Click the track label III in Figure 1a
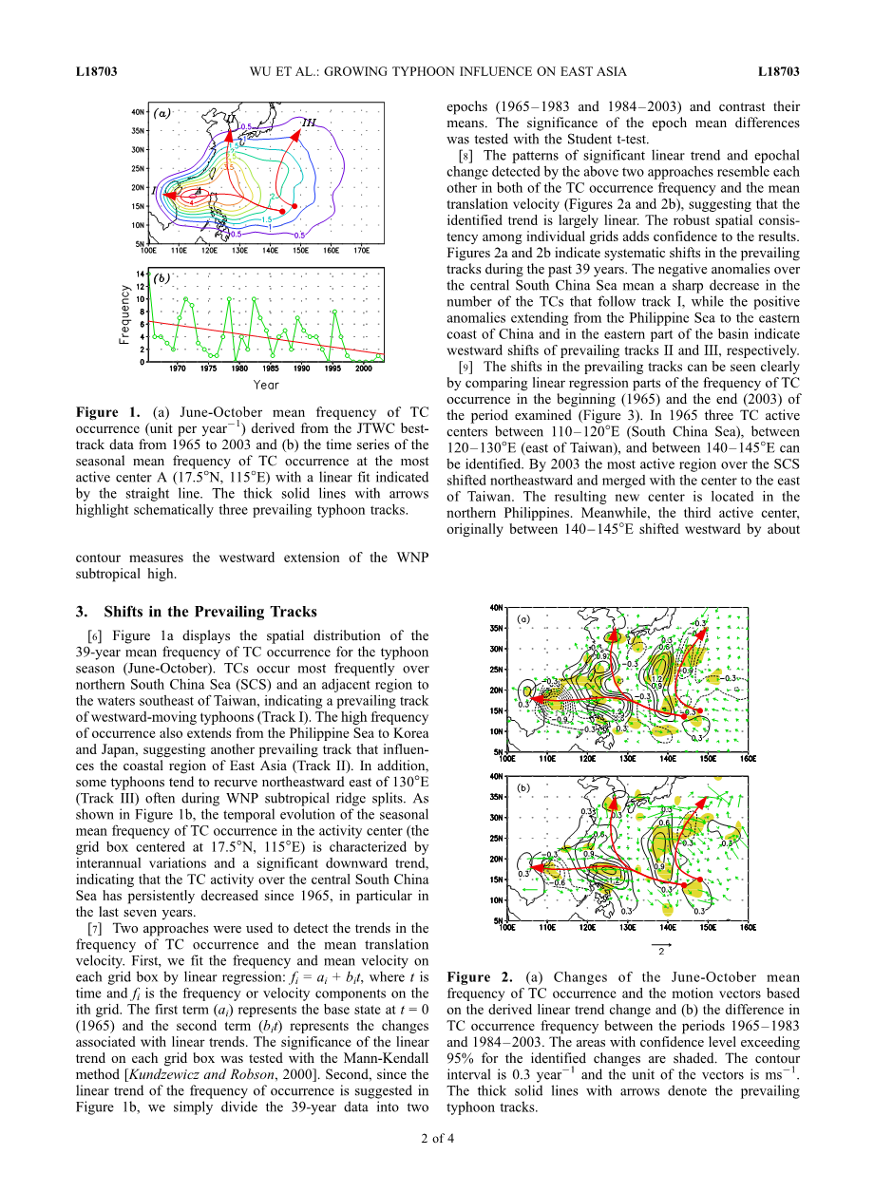309,123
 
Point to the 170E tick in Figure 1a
361,251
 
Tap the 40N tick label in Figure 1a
138,112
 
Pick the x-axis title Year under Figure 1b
266,385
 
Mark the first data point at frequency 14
150,274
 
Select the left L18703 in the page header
96,71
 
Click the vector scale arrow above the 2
661,945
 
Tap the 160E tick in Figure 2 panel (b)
747,927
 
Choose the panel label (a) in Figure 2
522,618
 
